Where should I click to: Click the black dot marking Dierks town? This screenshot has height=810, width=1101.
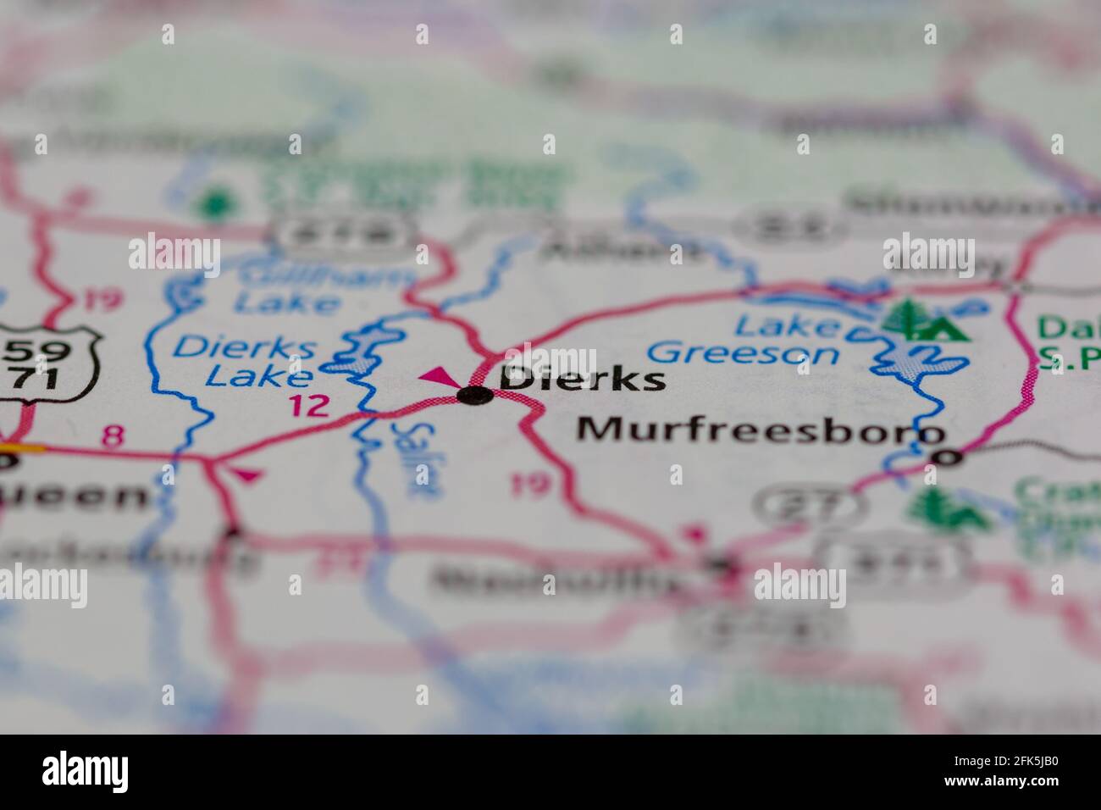point(474,394)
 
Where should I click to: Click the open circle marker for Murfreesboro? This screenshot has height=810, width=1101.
point(947,458)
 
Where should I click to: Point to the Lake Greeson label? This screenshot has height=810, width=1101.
point(743,339)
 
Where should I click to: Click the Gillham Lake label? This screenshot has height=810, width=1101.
point(287,288)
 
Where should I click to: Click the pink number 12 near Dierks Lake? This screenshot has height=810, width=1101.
point(308,406)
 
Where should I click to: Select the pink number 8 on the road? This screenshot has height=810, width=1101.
point(112,436)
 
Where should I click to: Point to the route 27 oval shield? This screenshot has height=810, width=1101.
point(809,505)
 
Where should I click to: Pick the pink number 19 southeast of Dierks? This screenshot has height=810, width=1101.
point(530,485)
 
